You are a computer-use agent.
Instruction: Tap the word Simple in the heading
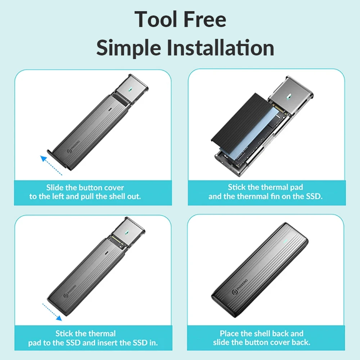click(x=129, y=48)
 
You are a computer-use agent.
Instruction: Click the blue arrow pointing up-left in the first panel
click(x=51, y=165)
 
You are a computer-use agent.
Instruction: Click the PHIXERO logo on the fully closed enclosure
click(x=240, y=287)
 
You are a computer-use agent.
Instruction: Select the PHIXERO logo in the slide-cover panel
click(x=73, y=147)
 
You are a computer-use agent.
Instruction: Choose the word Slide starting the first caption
click(x=55, y=188)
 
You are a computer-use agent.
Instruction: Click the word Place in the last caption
click(x=229, y=333)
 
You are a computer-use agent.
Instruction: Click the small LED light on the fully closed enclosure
click(x=285, y=241)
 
